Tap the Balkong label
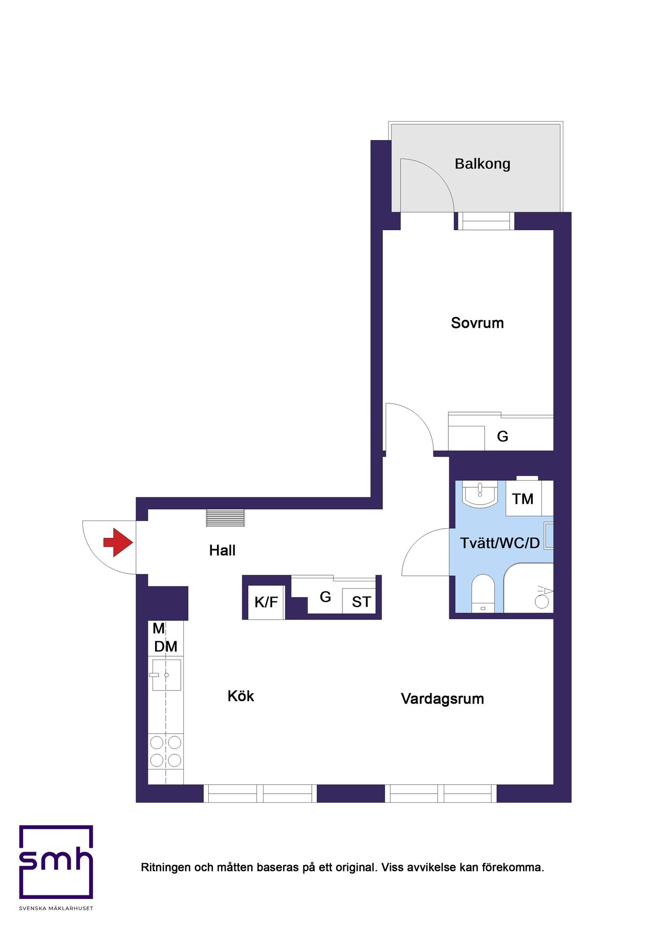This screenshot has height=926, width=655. tap(483, 164)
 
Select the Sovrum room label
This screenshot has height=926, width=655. tap(477, 323)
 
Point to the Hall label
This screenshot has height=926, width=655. tap(223, 551)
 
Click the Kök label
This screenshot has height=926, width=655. tap(241, 696)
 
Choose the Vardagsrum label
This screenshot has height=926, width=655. tap(443, 699)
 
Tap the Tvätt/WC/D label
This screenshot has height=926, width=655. tap(500, 543)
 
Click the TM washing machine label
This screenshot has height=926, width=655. tap(523, 499)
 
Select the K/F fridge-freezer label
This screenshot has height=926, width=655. tap(266, 602)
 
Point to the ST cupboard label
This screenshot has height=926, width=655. tap(361, 602)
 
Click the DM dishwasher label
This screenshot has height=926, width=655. tap(166, 647)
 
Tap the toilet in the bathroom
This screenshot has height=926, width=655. tap(483, 593)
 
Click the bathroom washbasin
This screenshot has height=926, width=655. tap(480, 494)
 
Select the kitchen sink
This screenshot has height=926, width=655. tap(166, 675)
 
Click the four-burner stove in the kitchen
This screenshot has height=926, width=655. tap(166, 751)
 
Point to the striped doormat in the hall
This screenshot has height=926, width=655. tap(225, 518)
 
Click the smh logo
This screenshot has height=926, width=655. tap(56, 862)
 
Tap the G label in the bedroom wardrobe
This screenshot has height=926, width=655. tap(503, 437)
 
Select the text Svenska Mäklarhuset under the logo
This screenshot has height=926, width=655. tap(56, 909)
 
